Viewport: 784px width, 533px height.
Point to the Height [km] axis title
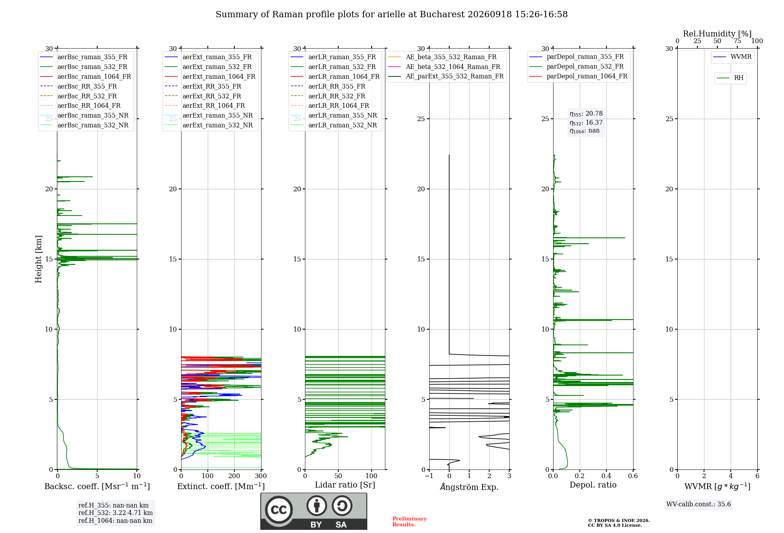coord(38,259)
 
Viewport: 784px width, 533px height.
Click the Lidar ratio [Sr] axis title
coord(345,485)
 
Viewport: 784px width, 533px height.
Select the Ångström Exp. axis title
coord(469,487)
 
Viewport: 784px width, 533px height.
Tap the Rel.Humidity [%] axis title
coord(717,34)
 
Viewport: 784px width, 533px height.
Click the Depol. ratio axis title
coord(593,485)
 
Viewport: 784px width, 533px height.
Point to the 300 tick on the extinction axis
coord(261,476)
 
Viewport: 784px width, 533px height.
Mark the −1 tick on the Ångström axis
coord(429,476)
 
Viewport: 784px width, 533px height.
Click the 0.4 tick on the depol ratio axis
coord(606,476)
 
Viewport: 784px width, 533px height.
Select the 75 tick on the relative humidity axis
coord(737,41)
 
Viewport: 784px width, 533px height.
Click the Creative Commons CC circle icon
coord(279,510)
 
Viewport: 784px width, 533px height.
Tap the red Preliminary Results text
coord(410,522)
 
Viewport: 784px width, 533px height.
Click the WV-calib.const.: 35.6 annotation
coord(699,504)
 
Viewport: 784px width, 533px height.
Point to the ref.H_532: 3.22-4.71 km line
coord(115,513)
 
